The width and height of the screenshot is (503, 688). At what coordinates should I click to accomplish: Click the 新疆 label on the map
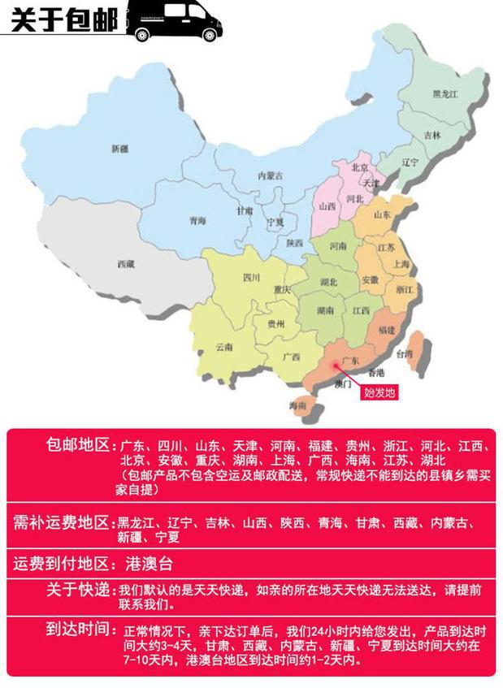pos(119,148)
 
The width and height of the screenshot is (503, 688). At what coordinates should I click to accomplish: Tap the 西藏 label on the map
pos(125,264)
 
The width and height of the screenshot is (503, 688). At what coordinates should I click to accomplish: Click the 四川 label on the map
pos(251,277)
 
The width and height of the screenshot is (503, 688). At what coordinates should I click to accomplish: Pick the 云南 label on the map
pos(223,347)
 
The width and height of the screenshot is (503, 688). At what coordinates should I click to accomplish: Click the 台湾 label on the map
pos(404,354)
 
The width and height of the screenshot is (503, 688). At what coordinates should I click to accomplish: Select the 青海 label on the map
pos(197,220)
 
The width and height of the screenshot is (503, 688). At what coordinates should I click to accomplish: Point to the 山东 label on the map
pos(381,214)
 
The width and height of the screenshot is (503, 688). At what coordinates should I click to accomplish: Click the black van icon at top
pos(172,22)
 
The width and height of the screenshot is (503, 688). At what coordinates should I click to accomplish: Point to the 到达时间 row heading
pos(79,630)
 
